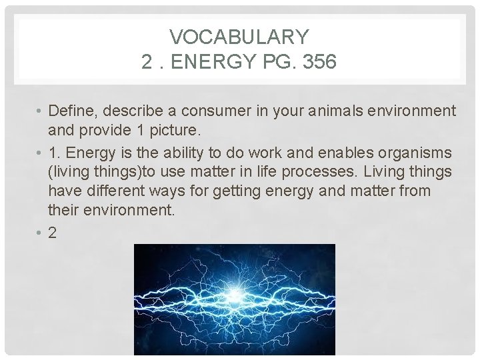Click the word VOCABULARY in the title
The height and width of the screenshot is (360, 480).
click(x=239, y=37)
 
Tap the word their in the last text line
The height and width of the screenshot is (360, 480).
click(x=64, y=211)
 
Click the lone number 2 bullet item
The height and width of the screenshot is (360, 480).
click(x=53, y=233)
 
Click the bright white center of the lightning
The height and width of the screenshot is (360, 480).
click(x=235, y=295)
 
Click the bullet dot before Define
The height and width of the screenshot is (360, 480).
click(x=41, y=111)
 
